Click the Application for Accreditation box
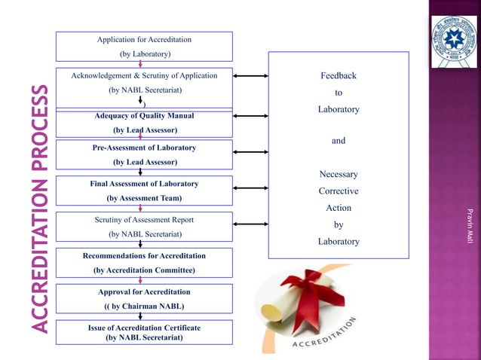(144, 46)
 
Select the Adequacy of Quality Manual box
(144, 124)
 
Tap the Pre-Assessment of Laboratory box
(144, 154)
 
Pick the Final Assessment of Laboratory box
(144, 191)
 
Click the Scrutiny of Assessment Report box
(144, 227)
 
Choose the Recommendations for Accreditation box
(144, 263)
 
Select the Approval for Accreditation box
(144, 298)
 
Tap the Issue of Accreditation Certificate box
(144, 332)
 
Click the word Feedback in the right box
(339, 76)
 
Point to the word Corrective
(339, 191)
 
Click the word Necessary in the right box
(339, 175)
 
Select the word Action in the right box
(339, 208)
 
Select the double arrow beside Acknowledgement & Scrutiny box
(251, 76)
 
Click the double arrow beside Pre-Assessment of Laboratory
(251, 154)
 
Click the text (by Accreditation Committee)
(144, 270)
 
